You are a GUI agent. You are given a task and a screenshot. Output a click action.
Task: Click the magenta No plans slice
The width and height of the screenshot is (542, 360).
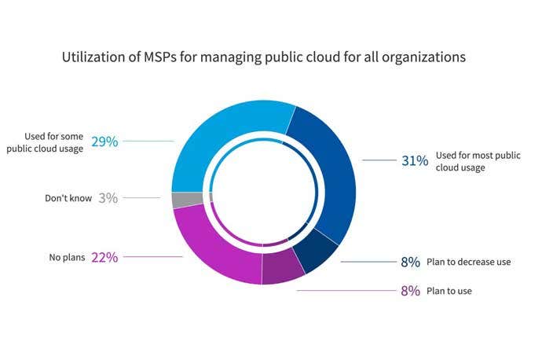coord(212,244)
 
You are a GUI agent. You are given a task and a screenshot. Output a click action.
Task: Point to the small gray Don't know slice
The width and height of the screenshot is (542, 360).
coord(178,200)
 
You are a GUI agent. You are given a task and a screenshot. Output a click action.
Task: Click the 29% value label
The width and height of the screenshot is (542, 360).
coord(104,141)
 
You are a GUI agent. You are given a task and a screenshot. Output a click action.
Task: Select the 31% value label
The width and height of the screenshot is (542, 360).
coord(415,160)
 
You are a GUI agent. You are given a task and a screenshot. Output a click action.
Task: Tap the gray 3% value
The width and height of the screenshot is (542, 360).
coord(108,198)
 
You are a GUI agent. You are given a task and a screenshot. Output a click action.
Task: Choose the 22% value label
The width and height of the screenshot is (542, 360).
coord(104,256)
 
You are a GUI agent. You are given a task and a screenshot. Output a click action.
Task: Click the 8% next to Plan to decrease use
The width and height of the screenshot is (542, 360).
coord(411,262)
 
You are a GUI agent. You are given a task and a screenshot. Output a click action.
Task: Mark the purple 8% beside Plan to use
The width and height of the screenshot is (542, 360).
coord(411,291)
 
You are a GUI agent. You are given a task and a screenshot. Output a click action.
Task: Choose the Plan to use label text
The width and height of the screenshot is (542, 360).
coord(449,292)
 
